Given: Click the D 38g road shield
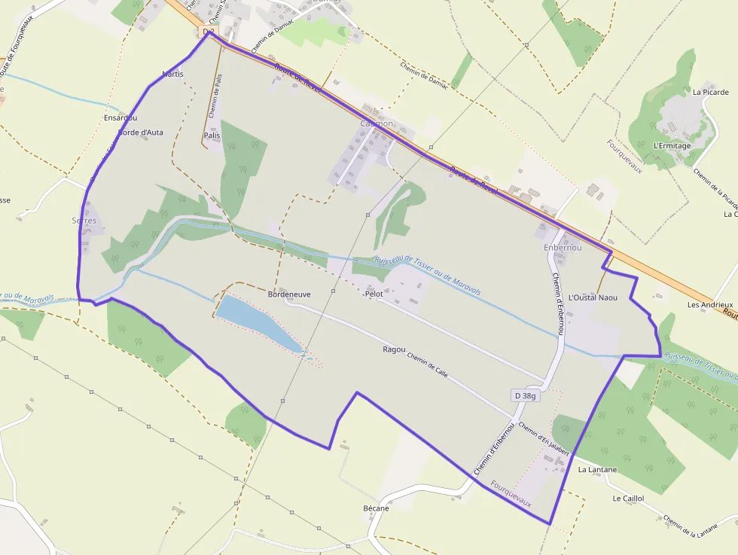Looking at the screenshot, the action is [526, 395].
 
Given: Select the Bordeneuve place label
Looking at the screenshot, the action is [289, 294].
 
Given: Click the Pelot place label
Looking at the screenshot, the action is [374, 294].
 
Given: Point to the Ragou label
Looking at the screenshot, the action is [394, 349].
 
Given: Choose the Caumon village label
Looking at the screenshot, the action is [377, 124].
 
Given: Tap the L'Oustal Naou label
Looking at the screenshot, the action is [593, 297].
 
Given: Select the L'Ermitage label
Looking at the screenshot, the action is [672, 145].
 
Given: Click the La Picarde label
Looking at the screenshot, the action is [711, 93].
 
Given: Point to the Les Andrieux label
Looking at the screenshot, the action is [709, 305].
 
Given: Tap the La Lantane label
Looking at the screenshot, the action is [597, 469].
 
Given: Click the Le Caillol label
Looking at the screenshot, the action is [628, 499].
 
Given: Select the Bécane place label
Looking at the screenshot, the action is [376, 508].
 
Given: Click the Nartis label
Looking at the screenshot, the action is [172, 74].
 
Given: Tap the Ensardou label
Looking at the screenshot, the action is [120, 118].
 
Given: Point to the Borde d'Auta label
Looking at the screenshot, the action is [141, 133].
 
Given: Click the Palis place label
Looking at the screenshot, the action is [212, 136].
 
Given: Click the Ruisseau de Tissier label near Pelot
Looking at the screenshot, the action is [427, 275].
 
